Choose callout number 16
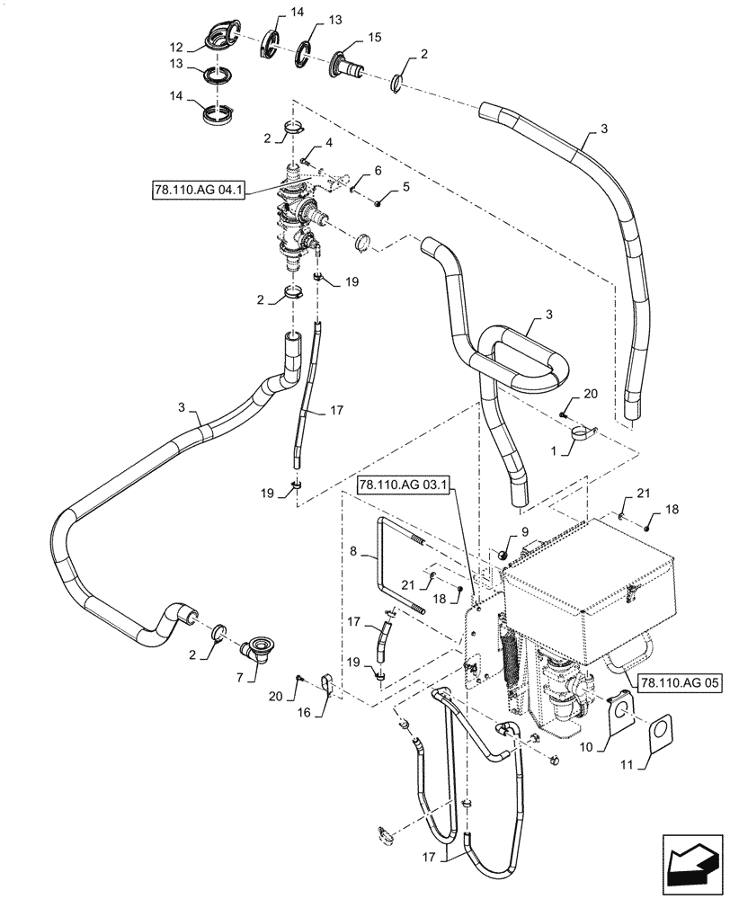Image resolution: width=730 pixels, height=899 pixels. point(328,711)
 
